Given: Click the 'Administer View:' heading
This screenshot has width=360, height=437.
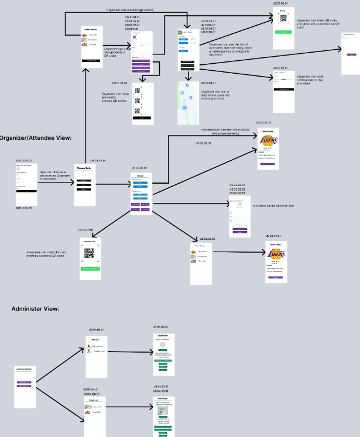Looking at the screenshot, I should pos(35,308).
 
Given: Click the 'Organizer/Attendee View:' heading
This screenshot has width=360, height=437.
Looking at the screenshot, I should pos(35,137).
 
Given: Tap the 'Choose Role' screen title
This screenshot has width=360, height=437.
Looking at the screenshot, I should pos(85,168).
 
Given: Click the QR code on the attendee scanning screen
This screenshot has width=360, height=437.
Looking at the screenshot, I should pos(90,253).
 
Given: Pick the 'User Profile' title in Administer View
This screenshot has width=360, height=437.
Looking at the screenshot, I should pos(160,335).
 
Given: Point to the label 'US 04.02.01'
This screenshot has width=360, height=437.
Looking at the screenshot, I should pos(160,326).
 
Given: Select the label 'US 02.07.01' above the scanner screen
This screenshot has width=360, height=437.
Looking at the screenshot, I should pos(86,230).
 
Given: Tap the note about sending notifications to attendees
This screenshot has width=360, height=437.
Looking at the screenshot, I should pos(310,80).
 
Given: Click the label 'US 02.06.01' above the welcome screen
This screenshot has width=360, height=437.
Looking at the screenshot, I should pos(138,168).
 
